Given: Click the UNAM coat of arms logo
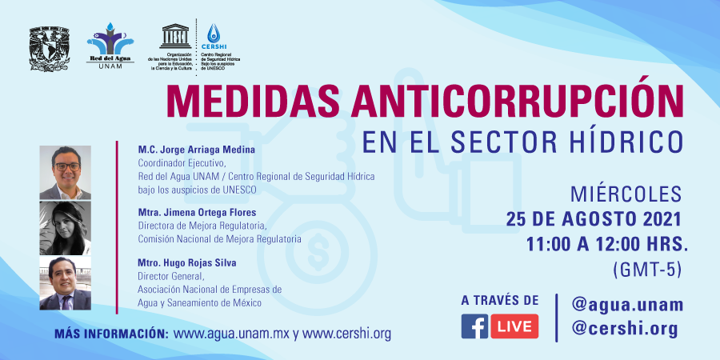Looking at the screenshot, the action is pos(49,49).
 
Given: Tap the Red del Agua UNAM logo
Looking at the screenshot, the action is pos(110,46).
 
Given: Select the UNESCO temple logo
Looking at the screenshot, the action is pos(175,36).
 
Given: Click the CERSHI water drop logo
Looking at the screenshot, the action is pos(214,34).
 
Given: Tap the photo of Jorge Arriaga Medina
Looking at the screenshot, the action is pos(66,173).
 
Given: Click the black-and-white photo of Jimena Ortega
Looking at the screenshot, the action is pos(66,228).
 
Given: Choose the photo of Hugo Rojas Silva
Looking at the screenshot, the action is pos(66,283).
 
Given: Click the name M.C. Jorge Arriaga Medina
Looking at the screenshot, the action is pos(196,150).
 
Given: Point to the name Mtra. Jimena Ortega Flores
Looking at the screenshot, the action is pos(197,213).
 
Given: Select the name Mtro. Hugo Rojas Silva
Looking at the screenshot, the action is pos(187,263).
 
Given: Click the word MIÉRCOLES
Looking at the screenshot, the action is pos(626,194).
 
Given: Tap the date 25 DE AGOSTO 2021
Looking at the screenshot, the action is pos(594,219).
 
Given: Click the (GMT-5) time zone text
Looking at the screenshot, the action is pos(646,271).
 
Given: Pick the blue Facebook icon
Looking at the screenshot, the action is pos(474,326).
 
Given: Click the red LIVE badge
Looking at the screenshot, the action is pos(514,326).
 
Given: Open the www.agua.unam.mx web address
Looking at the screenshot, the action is pos(232,334).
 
